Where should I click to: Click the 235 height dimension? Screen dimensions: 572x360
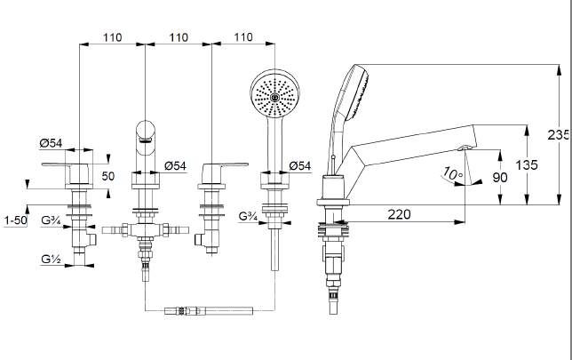(558, 135)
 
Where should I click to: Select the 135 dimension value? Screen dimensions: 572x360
(527, 165)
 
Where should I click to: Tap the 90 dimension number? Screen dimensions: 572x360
(500, 178)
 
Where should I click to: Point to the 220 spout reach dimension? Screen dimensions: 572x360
(399, 214)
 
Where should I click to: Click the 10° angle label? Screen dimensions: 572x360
(452, 174)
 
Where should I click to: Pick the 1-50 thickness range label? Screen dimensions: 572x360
(16, 220)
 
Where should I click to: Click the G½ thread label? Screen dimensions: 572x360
(52, 259)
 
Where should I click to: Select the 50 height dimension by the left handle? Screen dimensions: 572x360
(108, 176)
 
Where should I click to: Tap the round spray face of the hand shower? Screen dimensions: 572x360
(275, 93)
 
